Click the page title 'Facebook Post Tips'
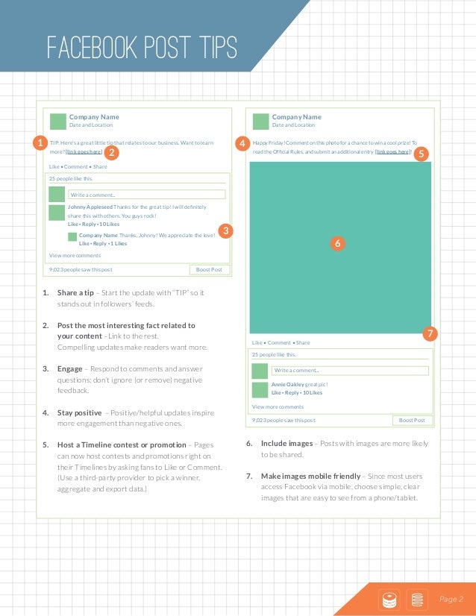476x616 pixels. (142, 48)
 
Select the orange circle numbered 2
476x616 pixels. (110, 153)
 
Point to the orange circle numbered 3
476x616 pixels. (227, 230)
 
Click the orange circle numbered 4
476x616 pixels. (241, 142)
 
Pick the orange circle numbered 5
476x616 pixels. (420, 154)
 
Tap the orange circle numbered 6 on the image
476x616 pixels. (337, 243)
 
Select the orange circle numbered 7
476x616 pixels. (430, 333)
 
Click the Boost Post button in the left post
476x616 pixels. (209, 269)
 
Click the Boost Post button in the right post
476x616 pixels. (412, 420)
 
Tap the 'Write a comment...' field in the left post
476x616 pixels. (146, 195)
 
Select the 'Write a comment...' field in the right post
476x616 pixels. (350, 370)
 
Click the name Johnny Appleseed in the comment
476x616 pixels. (90, 207)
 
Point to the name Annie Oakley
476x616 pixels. (287, 384)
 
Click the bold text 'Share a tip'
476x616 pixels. (75, 292)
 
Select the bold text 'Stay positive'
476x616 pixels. (79, 412)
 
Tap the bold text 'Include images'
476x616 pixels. (286, 443)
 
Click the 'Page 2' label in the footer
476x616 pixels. (451, 599)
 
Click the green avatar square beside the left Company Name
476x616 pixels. (57, 121)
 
